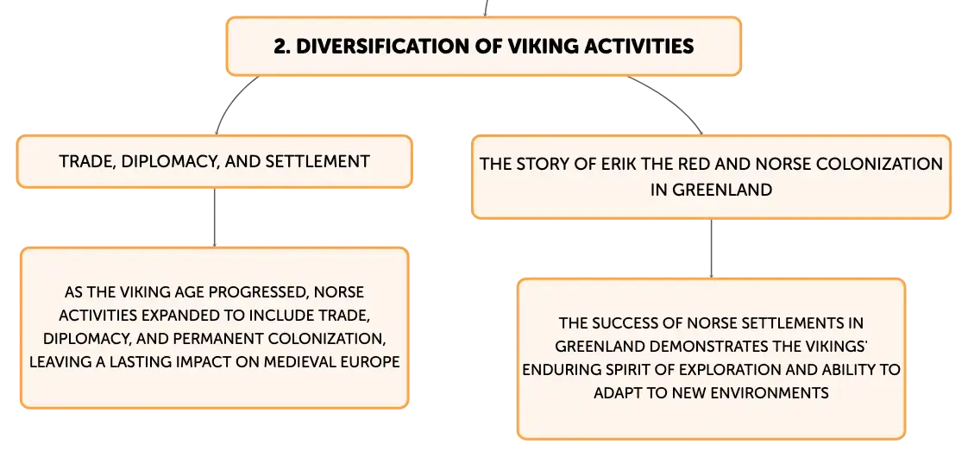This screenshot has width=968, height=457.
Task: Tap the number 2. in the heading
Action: [282, 47]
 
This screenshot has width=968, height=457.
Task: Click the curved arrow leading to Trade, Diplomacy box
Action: [229, 101]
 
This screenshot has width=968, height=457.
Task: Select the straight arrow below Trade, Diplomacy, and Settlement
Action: [214, 217]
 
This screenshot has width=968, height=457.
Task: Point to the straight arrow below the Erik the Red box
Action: [711, 248]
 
